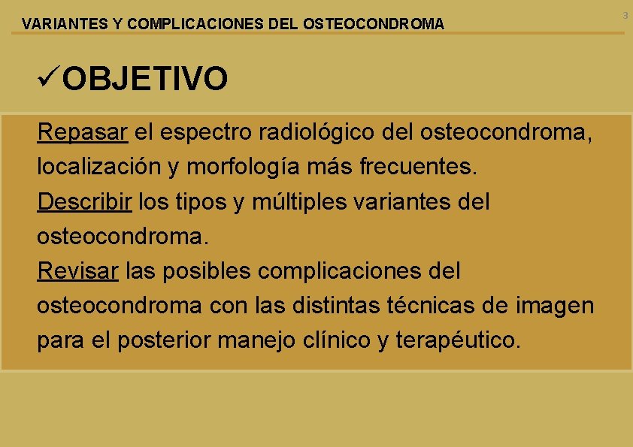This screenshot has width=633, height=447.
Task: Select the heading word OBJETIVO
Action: (x=145, y=78)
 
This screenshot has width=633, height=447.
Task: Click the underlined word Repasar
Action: (x=83, y=132)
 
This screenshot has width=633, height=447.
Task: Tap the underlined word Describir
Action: (x=85, y=201)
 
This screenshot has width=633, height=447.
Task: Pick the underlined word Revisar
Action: (x=77, y=270)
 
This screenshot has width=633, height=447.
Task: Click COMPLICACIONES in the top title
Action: (x=195, y=24)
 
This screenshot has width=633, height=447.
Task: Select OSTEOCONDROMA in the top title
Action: (x=373, y=24)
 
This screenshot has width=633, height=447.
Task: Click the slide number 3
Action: (x=625, y=15)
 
